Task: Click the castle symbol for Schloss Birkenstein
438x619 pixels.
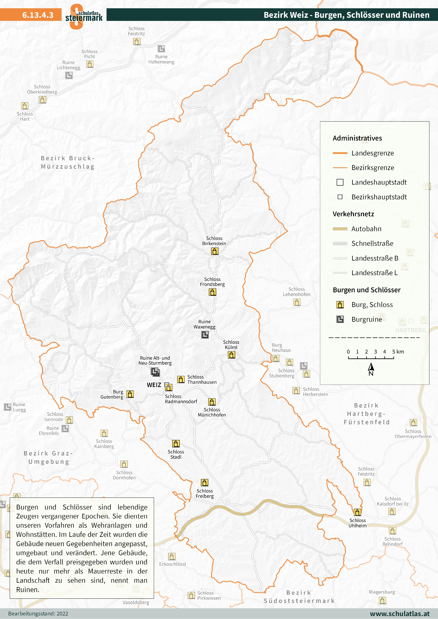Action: (215, 251)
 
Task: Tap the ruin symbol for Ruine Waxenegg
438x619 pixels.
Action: (205, 335)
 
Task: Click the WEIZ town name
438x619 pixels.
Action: (154, 385)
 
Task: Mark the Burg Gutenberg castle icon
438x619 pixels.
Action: (130, 394)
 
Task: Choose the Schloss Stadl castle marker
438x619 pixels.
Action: (176, 443)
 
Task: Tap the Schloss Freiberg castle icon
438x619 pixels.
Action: (205, 483)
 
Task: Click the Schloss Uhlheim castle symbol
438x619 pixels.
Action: (357, 512)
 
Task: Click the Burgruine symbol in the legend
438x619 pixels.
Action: (340, 319)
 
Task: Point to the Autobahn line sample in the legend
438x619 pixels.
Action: (340, 229)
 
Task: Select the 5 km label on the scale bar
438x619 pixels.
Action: (398, 352)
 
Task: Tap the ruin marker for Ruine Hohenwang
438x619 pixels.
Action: (161, 49)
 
